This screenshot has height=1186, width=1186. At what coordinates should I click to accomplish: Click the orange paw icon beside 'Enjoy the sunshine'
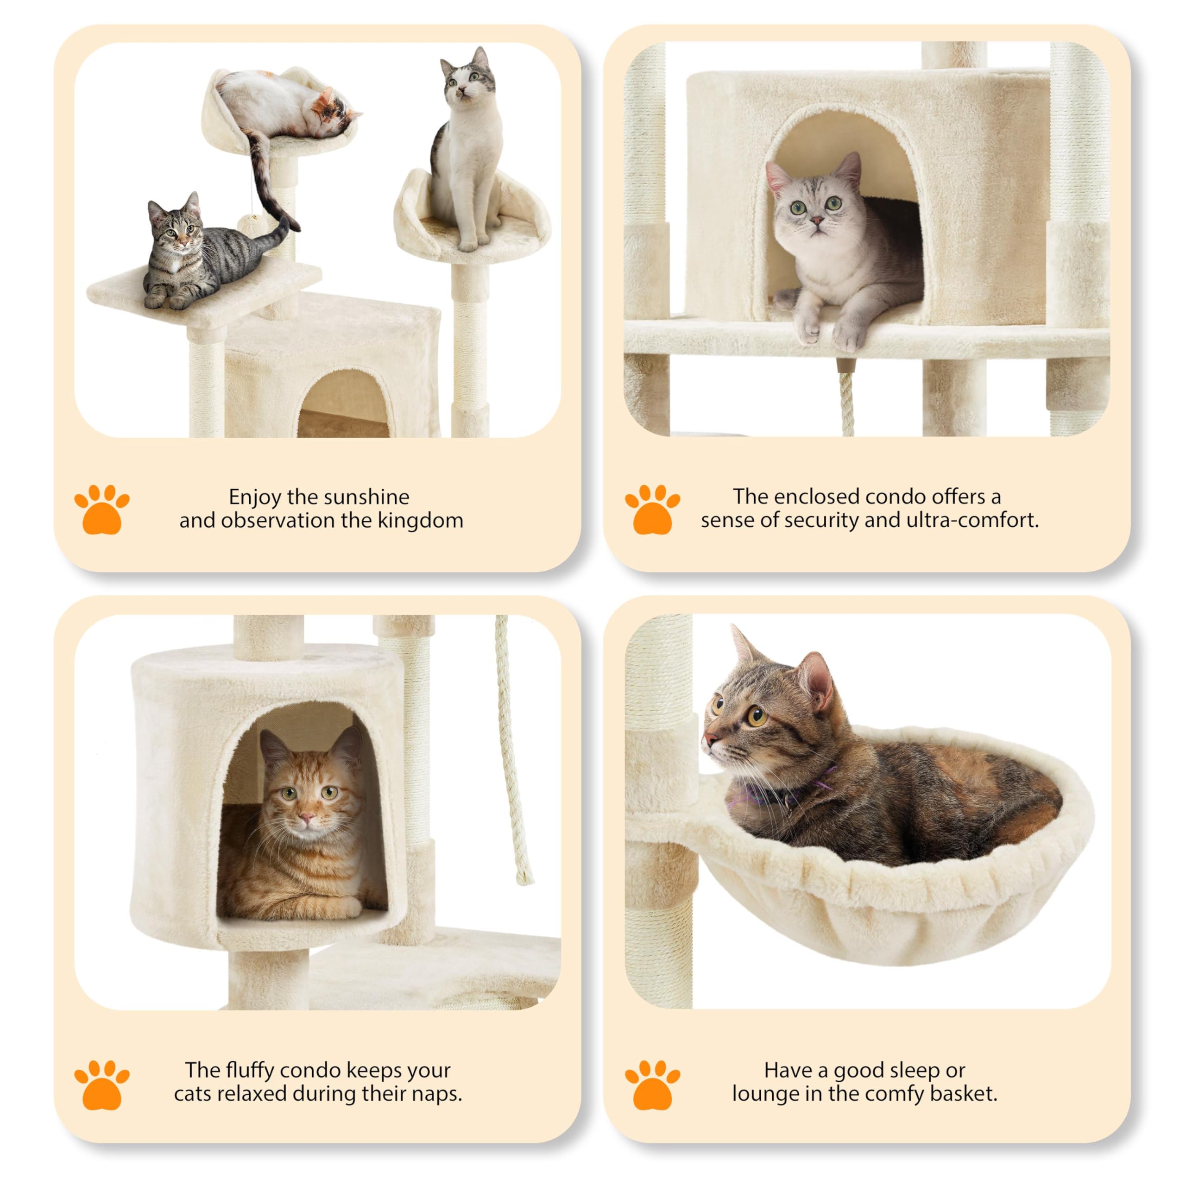(101, 510)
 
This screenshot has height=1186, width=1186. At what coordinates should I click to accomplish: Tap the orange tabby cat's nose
(307, 819)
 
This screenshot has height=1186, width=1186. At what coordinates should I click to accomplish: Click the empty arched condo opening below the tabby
(344, 405)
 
